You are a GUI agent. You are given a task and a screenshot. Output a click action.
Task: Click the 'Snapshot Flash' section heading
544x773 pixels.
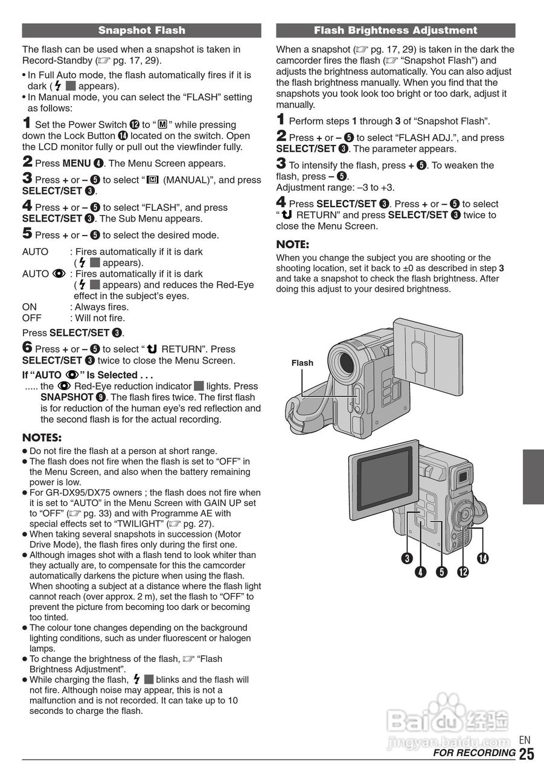[x=141, y=30]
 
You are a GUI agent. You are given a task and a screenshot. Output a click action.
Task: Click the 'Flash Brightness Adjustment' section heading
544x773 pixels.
[x=395, y=30]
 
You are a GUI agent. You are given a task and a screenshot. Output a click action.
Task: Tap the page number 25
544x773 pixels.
[x=526, y=754]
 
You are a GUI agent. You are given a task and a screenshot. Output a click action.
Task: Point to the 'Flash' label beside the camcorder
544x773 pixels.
[x=302, y=363]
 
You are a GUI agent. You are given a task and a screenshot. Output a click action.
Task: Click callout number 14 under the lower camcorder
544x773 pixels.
[x=482, y=558]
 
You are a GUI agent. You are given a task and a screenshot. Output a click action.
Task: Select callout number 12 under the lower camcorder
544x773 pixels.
[x=463, y=571]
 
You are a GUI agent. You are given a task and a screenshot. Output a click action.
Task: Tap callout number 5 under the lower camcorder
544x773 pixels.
[x=441, y=571]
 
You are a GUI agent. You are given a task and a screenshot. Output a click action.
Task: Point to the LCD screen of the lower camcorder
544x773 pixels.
[x=382, y=476]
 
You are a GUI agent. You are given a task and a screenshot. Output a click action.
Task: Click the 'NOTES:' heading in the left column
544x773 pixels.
[x=42, y=437]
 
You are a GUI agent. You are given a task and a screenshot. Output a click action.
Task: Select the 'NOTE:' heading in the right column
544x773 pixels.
[x=292, y=245]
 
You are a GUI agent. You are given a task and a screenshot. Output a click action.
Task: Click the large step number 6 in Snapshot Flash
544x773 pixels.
[x=27, y=347]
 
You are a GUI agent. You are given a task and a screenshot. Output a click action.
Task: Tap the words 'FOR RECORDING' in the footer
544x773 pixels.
[x=474, y=753]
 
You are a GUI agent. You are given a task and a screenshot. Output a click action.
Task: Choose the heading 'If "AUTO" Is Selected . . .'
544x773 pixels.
[x=88, y=374]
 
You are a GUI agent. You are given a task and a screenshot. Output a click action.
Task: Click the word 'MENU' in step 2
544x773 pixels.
[x=77, y=163]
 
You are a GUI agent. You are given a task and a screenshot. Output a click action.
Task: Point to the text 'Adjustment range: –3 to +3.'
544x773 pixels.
[x=336, y=187]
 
